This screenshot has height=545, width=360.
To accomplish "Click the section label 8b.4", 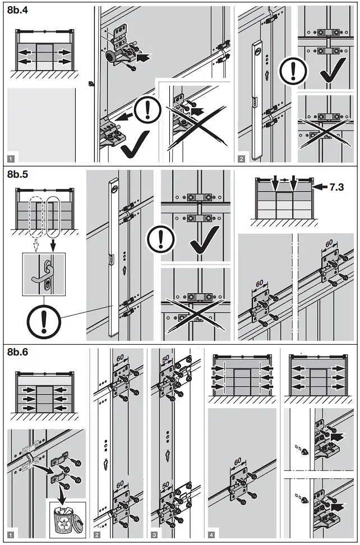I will click(x=19, y=10).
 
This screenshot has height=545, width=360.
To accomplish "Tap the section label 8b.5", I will click(x=19, y=174).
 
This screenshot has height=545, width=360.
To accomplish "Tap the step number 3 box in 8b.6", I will click(x=154, y=535).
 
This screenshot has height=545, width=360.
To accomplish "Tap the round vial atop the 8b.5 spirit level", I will click(x=115, y=189).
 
